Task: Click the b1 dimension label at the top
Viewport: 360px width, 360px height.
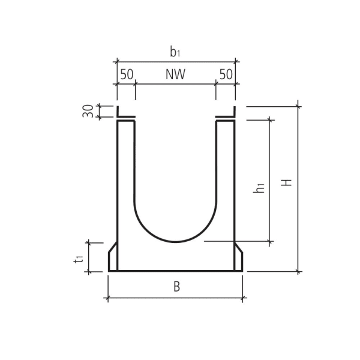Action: click(175, 52)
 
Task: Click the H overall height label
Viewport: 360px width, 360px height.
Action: click(288, 181)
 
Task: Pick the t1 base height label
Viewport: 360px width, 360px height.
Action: click(79, 258)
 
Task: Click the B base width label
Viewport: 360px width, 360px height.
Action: click(176, 287)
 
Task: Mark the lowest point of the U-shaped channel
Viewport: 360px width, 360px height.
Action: click(175, 242)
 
